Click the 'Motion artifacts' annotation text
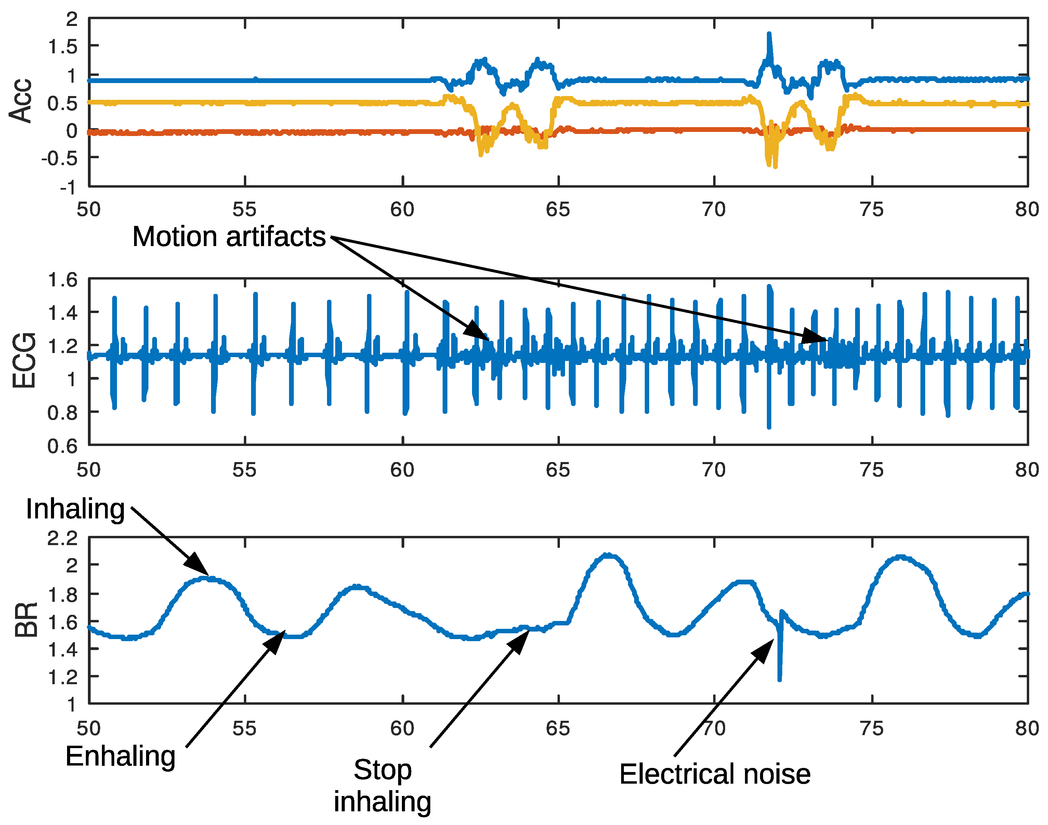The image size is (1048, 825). pyautogui.click(x=229, y=237)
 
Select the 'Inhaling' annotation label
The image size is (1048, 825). pyautogui.click(x=75, y=509)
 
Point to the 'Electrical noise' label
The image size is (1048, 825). pyautogui.click(x=715, y=774)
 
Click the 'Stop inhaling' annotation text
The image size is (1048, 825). pyautogui.click(x=382, y=785)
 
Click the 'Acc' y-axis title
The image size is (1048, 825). pyautogui.click(x=20, y=100)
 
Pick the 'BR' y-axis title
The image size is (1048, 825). pyautogui.click(x=26, y=620)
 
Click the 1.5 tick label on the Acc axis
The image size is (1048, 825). pyautogui.click(x=62, y=47)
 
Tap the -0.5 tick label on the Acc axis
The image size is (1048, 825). pyautogui.click(x=59, y=159)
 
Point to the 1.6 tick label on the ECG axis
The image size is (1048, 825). pyautogui.click(x=62, y=280)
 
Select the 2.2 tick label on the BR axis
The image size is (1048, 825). pyautogui.click(x=62, y=538)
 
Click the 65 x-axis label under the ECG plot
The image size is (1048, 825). pyautogui.click(x=558, y=470)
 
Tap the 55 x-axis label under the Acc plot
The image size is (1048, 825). pyautogui.click(x=244, y=209)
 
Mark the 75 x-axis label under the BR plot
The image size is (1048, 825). pyautogui.click(x=872, y=728)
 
